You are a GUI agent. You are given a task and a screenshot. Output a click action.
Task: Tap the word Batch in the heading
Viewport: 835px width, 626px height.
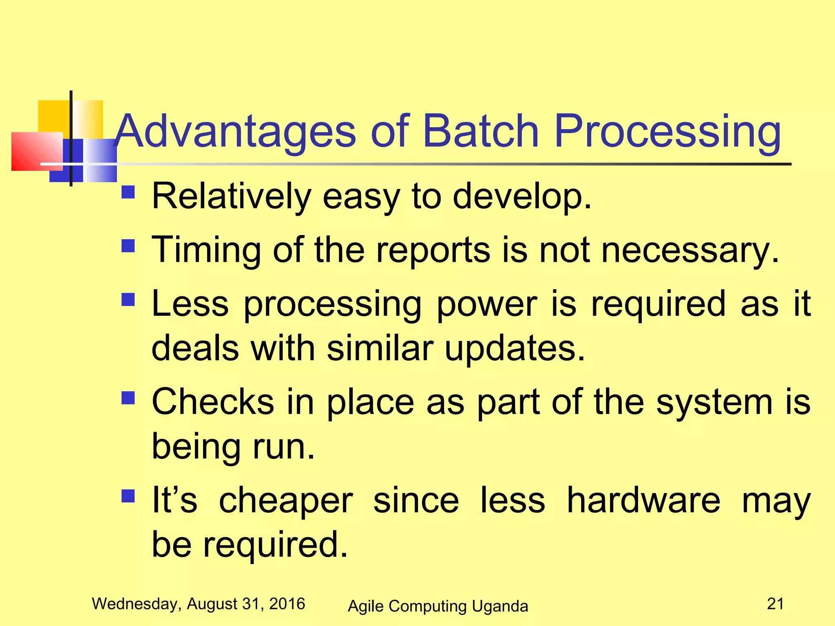click(481, 131)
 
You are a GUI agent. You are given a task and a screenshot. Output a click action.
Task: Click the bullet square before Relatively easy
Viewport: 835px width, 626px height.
click(128, 192)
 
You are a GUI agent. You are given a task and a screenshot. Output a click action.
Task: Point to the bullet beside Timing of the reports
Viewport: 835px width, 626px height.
click(128, 246)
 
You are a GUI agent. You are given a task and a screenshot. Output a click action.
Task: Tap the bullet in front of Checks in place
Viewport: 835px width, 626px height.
click(128, 398)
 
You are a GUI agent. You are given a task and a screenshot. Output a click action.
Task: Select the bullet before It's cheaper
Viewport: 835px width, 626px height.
click(128, 496)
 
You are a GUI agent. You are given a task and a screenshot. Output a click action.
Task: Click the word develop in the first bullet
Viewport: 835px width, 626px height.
click(522, 197)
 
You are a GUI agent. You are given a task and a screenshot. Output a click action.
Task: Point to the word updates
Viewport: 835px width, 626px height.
click(515, 349)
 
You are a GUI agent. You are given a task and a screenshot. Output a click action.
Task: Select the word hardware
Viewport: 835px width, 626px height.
click(643, 500)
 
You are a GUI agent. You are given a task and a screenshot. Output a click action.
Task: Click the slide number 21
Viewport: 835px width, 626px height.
click(775, 604)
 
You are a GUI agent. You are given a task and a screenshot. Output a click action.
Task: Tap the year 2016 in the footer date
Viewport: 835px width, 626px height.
click(287, 604)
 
